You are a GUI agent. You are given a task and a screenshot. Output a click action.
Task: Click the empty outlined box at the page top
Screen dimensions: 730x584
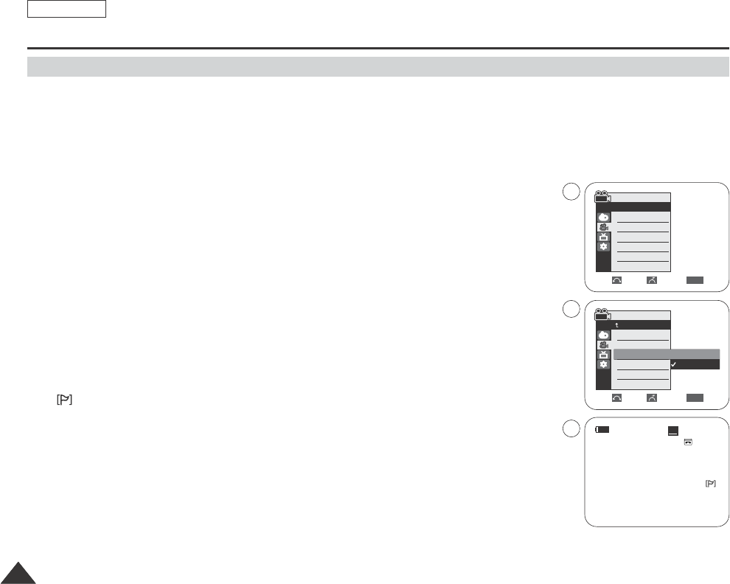tap(67, 9)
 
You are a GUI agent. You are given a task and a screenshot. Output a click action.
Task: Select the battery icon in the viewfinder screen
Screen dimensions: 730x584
tap(603, 429)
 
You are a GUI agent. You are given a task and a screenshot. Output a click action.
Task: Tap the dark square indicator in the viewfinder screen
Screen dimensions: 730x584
tap(672, 431)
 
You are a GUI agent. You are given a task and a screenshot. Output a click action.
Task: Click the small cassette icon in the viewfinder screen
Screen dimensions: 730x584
tap(687, 442)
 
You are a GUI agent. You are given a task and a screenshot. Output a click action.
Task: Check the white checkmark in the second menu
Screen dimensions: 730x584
tap(674, 364)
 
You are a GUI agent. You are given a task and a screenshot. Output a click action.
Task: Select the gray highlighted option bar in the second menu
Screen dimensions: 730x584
tap(666, 354)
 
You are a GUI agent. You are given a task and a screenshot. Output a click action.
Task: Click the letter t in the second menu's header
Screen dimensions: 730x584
tap(618, 325)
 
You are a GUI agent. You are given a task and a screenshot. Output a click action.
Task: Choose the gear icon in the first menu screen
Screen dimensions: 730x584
tap(603, 247)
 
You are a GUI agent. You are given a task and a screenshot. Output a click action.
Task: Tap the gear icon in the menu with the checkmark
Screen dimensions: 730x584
tap(603, 364)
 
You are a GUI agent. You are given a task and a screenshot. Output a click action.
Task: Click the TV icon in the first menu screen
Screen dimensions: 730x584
tap(603, 237)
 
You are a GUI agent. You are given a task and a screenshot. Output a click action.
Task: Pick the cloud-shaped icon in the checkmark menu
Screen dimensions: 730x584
tap(603, 335)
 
